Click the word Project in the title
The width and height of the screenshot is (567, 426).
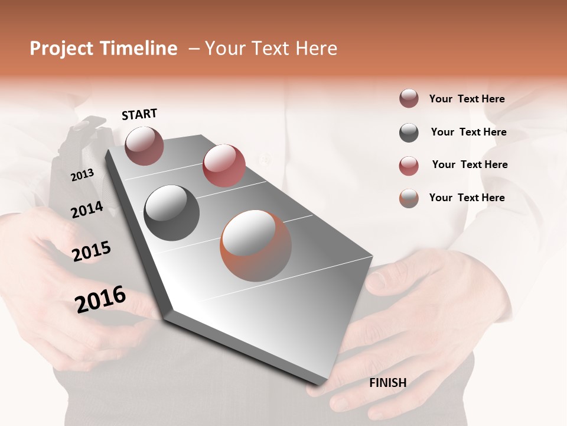tap(61, 49)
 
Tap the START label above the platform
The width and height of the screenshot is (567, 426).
tap(139, 114)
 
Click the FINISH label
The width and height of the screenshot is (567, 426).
tap(387, 383)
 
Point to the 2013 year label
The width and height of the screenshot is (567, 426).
tap(82, 175)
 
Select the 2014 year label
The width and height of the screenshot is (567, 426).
tap(87, 209)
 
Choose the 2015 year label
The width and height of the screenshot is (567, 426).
tap(92, 251)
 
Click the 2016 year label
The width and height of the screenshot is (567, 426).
tap(100, 299)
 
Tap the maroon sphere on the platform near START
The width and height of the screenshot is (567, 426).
tap(144, 146)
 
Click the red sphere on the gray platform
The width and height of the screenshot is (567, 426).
tap(224, 166)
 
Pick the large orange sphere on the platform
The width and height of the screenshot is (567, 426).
tap(256, 246)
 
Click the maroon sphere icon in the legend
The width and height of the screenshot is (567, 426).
tap(409, 99)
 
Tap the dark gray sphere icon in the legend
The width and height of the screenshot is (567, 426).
tap(409, 133)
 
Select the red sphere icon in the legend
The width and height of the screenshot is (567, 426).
tap(409, 166)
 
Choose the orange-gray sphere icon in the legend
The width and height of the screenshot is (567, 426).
tap(409, 198)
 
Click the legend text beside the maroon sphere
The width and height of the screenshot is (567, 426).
tap(467, 99)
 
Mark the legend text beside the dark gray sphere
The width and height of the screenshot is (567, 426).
tap(468, 132)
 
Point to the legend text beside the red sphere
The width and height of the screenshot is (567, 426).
tap(470, 164)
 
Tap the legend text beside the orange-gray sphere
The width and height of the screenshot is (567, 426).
tap(467, 198)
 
